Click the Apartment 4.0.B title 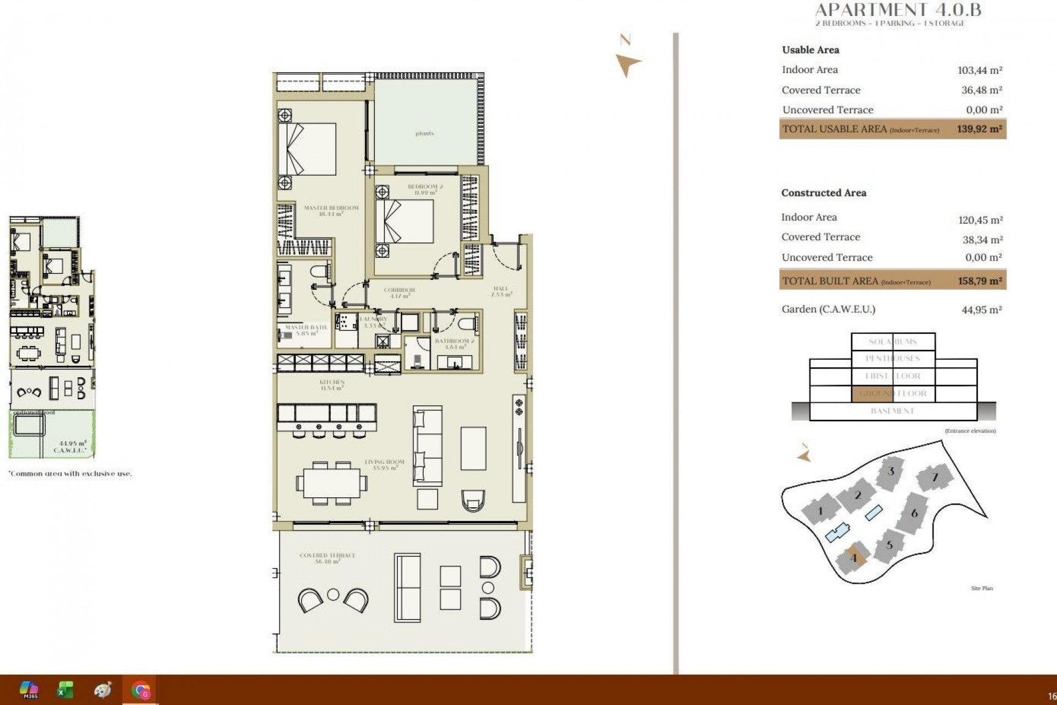click(897, 9)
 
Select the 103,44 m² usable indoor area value click(980, 70)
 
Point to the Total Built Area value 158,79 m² click(980, 281)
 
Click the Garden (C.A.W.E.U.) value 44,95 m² click(981, 310)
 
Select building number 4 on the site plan click(853, 558)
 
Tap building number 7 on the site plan click(934, 478)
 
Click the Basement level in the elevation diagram click(892, 411)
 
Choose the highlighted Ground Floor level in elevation click(873, 393)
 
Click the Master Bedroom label click(331, 210)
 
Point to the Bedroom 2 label click(425, 189)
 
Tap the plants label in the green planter click(424, 133)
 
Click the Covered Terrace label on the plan click(328, 558)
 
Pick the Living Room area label click(384, 465)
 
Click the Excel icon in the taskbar click(65, 690)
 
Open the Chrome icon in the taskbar click(140, 690)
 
